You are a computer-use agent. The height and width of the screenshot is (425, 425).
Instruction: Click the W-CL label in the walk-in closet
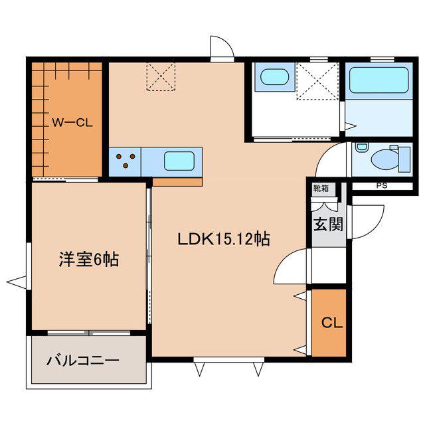pyautogui.click(x=72, y=123)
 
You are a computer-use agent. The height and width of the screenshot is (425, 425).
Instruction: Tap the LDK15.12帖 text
pyautogui.click(x=224, y=239)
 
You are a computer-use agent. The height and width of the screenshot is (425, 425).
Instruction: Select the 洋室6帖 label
pyautogui.click(x=89, y=260)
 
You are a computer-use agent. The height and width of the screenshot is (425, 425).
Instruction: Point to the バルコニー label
pyautogui.click(x=83, y=361)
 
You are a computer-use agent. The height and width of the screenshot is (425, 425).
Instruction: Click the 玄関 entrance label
pyautogui.click(x=328, y=224)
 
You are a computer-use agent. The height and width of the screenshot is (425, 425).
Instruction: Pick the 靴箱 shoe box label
pyautogui.click(x=321, y=189)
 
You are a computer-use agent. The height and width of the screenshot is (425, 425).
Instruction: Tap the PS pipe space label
pyautogui.click(x=382, y=186)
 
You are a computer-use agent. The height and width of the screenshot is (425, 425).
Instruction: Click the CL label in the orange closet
pyautogui.click(x=332, y=323)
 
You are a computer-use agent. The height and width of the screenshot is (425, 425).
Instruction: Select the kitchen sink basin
pyautogui.click(x=179, y=161)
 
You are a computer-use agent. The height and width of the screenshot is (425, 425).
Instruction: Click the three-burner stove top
pyautogui.click(x=125, y=161)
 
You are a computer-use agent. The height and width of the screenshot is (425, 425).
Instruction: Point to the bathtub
pyautogui.click(x=379, y=80)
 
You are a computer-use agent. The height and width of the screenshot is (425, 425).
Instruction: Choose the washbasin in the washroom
pyautogui.click(x=274, y=76)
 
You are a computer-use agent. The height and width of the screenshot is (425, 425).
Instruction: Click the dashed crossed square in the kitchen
pyautogui.click(x=161, y=76)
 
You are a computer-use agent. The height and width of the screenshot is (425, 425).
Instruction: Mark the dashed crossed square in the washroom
pyautogui.click(x=317, y=81)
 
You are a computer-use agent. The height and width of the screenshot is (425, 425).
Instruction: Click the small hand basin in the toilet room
pyautogui.click(x=361, y=147)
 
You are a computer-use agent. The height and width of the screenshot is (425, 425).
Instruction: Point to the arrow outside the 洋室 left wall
pyautogui.click(x=16, y=282)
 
